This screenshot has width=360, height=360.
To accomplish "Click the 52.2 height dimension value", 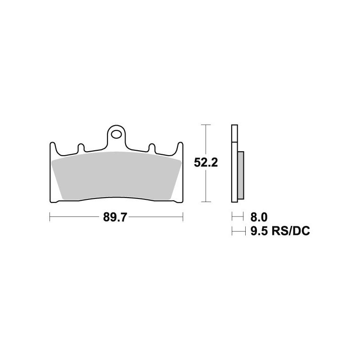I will [206, 162].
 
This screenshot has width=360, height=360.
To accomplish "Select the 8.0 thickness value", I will [259, 217].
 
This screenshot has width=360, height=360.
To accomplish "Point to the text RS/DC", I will [292, 231].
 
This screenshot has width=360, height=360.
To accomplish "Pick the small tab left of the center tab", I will [81, 147].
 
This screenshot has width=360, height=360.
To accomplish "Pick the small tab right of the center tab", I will [152, 147].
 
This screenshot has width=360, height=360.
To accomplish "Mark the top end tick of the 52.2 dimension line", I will [206, 125].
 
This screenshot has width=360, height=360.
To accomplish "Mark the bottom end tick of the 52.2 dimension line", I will [206, 201].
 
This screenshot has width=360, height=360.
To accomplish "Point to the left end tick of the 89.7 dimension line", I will [49, 218].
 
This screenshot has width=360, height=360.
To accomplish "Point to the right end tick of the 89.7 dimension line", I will [183, 218].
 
